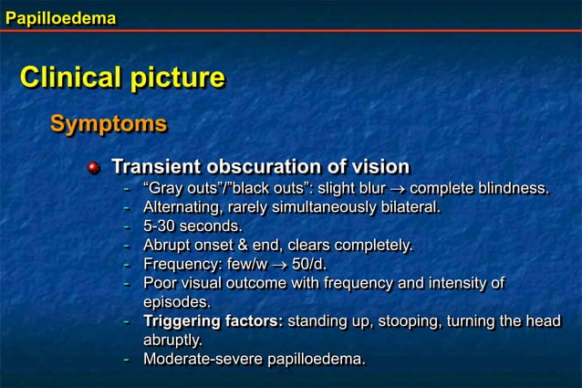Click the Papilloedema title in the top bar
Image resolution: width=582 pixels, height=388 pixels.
(x=59, y=15)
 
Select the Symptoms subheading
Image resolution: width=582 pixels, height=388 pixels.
(x=108, y=123)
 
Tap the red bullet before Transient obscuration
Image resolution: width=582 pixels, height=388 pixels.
(x=93, y=167)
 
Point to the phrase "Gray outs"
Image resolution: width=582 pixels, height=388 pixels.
(x=179, y=189)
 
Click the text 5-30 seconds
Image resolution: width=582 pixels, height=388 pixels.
(x=192, y=226)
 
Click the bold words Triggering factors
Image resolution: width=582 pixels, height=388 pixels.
(x=213, y=321)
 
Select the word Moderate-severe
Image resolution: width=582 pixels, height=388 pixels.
(x=202, y=359)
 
